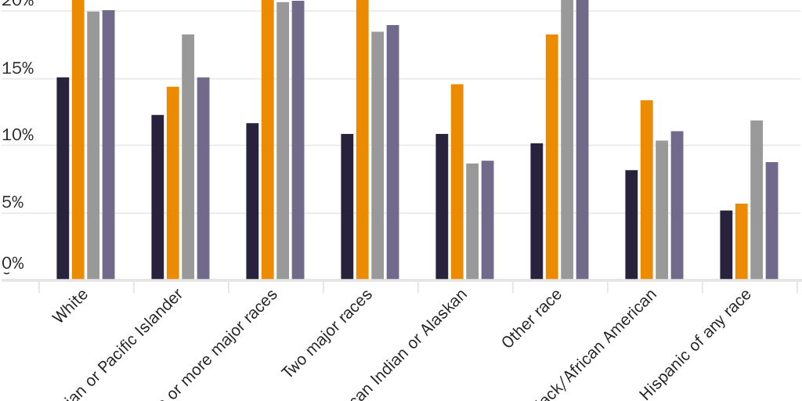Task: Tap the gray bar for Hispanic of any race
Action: pyautogui.click(x=757, y=200)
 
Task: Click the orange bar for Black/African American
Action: pyautogui.click(x=646, y=190)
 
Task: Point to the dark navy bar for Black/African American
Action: pyautogui.click(x=631, y=224)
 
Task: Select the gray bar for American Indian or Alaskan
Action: pyautogui.click(x=472, y=221)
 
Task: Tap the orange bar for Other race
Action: pyautogui.click(x=552, y=157)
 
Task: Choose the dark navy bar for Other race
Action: pyautogui.click(x=536, y=211)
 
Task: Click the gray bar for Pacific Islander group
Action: pyautogui.click(x=188, y=157)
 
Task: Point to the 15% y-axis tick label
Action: pyautogui.click(x=18, y=69)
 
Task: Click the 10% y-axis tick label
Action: pyautogui.click(x=18, y=135)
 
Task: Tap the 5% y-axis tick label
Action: pyautogui.click(x=18, y=203)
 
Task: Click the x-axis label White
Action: pyautogui.click(x=70, y=306)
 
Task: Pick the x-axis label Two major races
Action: pyautogui.click(x=327, y=333)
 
